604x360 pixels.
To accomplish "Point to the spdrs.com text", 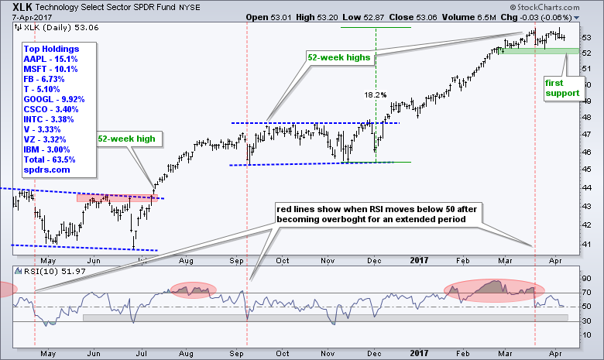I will click(43, 170).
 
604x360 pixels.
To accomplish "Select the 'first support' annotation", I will click(563, 87).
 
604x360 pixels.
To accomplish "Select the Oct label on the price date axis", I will click(283, 260).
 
